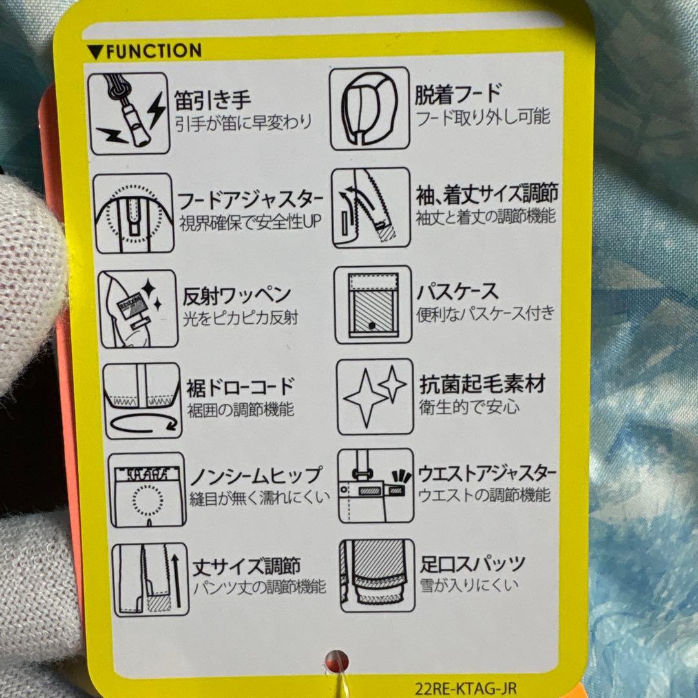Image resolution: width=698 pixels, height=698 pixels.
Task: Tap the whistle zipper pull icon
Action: tap(129, 114)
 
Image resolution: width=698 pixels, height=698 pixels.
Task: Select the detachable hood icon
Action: tap(369, 109)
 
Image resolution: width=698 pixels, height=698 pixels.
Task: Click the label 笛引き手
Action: tap(213, 100)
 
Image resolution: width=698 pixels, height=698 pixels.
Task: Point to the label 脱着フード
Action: tap(458, 95)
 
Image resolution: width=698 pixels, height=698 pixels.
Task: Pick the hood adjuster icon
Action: tap(133, 213)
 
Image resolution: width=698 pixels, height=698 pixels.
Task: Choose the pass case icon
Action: tap(372, 304)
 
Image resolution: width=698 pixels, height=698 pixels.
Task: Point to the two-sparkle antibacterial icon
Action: tap(375, 396)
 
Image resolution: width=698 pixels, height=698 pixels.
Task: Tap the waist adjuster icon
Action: tap(375, 485)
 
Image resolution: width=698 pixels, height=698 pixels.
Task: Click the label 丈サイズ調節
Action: tap(246, 567)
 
